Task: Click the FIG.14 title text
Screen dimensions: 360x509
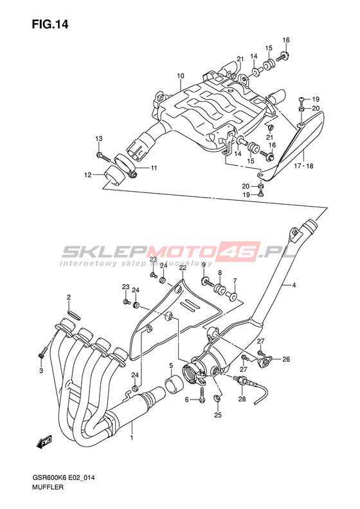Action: tap(50, 24)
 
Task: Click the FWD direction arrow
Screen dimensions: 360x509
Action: tap(44, 442)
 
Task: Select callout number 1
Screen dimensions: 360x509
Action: tap(132, 438)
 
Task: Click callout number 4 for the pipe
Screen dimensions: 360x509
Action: tap(294, 285)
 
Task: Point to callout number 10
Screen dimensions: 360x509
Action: tap(181, 76)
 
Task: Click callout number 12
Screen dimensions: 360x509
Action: tap(88, 175)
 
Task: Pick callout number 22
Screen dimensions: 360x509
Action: tap(183, 268)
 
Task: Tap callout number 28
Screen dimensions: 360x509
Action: tap(242, 399)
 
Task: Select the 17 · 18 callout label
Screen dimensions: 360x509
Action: tap(303, 166)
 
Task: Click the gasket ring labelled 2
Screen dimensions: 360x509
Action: tap(74, 315)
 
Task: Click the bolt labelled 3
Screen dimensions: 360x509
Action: tap(42, 352)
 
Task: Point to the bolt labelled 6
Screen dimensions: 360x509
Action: tap(202, 394)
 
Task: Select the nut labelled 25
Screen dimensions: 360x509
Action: tap(217, 398)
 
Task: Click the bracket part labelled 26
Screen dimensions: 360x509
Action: tap(265, 361)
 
